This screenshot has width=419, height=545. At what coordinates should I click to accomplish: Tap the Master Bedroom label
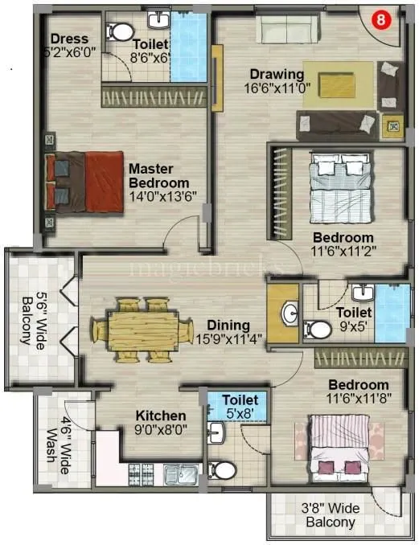(163, 176)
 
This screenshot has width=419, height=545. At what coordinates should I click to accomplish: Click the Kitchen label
(161, 416)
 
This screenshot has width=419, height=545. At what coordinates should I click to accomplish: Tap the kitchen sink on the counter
(178, 474)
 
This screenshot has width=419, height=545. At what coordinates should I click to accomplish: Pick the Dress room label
(68, 39)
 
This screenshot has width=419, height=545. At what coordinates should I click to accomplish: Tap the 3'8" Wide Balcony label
(331, 514)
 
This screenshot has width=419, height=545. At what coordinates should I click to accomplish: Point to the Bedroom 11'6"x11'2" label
(343, 244)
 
